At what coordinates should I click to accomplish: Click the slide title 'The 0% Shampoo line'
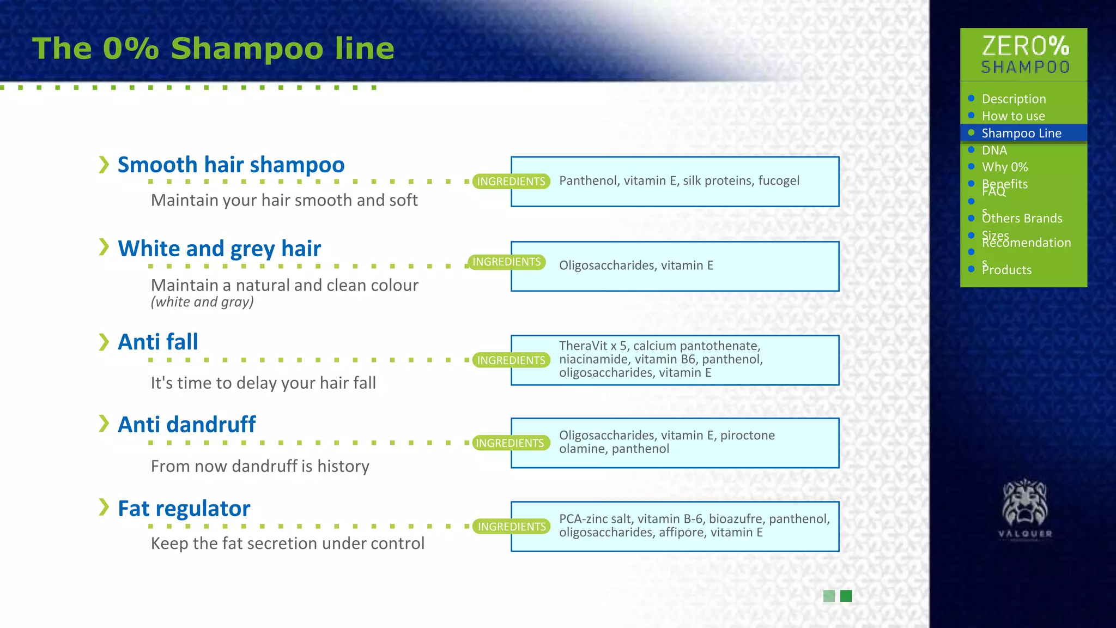[x=213, y=49]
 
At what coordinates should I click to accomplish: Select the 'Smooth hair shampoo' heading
[x=231, y=165]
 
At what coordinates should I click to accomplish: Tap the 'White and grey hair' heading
[x=219, y=249]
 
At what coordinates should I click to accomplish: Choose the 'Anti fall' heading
[x=158, y=342]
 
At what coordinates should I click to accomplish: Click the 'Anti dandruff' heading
[x=187, y=425]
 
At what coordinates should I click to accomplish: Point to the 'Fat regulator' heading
[x=184, y=509]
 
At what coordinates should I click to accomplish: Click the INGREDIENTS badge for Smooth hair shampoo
[x=511, y=182]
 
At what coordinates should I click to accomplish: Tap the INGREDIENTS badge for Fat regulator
[x=512, y=527]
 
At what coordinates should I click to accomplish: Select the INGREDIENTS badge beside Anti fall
[x=511, y=360]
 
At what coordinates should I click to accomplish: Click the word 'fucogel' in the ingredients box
[x=778, y=181]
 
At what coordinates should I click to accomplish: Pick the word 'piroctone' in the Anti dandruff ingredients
[x=747, y=436]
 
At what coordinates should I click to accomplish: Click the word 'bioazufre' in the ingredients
[x=736, y=519]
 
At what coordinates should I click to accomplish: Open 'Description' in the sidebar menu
[x=1014, y=99]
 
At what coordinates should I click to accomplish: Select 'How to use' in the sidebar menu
[x=1013, y=116]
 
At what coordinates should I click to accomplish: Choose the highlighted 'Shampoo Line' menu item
[x=1021, y=134]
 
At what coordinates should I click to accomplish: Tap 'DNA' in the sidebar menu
[x=994, y=150]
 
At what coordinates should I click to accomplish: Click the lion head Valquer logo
[x=1024, y=504]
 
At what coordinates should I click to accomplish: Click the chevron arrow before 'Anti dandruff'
[x=104, y=423]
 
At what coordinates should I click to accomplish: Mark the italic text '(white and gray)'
[x=202, y=302]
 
